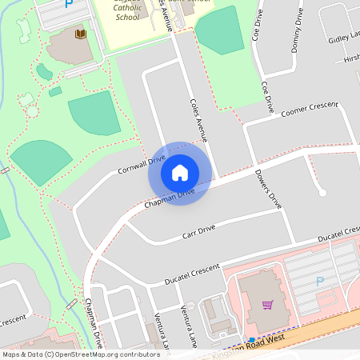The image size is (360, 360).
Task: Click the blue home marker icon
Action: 180,172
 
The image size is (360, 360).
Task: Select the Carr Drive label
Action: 199,232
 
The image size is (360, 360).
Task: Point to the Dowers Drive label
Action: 268,189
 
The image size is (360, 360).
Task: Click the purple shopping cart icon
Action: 268,304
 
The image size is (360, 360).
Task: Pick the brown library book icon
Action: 80,34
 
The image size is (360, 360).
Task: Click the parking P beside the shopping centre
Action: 320,282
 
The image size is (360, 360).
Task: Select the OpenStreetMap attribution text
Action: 81,354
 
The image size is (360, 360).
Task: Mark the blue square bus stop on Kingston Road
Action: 252,340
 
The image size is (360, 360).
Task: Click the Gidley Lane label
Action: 344,39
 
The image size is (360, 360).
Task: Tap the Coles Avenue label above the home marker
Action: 198,118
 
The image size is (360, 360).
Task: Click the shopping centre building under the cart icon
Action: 264,316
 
